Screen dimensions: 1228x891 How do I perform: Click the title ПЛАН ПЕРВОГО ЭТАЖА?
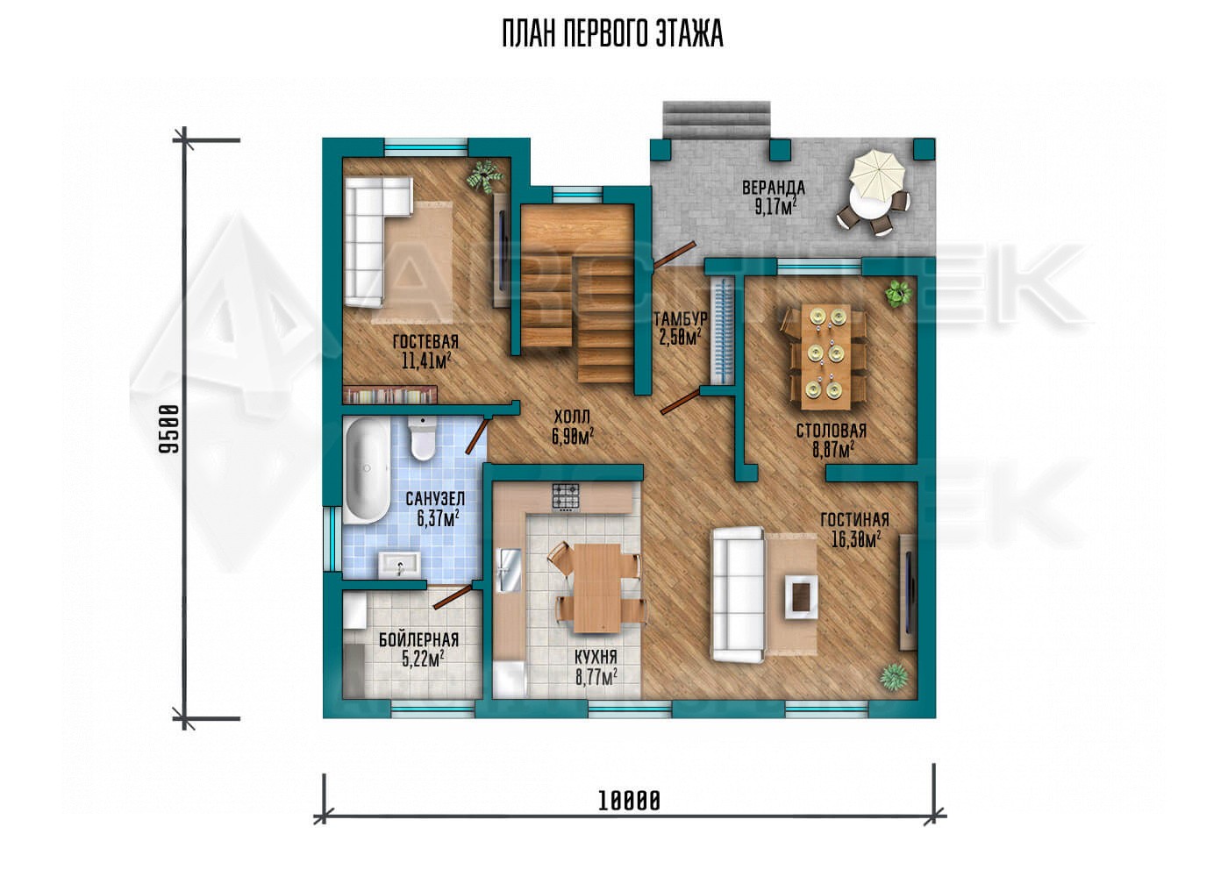pos(612,34)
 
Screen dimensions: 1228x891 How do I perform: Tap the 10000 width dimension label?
pos(629,802)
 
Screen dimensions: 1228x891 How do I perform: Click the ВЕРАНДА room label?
pos(774,188)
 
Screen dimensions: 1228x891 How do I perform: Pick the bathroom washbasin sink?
pos(400,564)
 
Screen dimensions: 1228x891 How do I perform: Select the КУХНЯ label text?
pos(596,657)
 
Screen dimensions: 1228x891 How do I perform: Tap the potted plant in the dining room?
pos(898,295)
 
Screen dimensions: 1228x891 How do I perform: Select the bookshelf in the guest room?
pos(389,395)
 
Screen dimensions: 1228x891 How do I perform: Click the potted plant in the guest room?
pos(484,175)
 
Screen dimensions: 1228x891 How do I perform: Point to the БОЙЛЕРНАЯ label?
pos(418,639)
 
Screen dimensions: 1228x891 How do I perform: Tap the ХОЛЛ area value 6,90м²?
pos(573,437)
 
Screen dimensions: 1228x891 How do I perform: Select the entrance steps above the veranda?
pos(718,119)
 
